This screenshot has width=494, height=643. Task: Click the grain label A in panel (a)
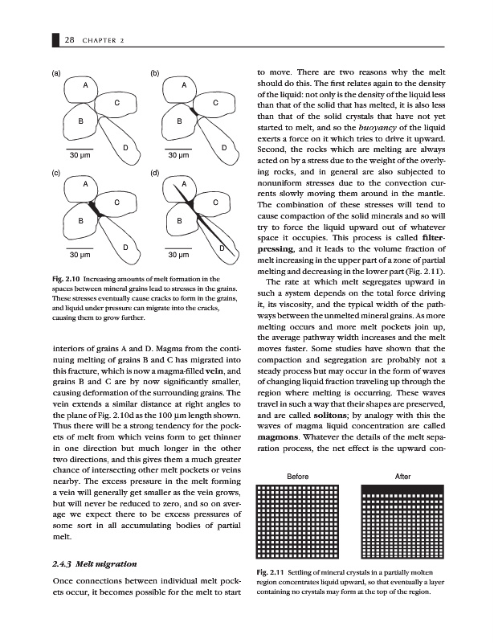tap(84, 86)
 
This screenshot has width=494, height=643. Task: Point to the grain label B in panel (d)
tap(179, 220)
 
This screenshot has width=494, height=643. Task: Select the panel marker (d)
tap(154, 173)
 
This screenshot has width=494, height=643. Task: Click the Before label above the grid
tap(298, 477)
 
